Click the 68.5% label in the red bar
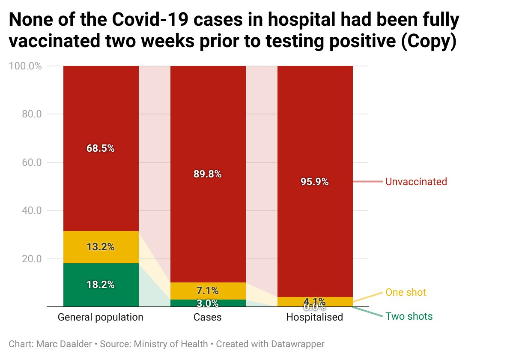101,149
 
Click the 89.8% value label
208,174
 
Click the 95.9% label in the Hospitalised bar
315,182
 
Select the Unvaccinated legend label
416,182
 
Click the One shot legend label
406,293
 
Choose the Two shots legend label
409,317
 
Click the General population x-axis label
101,318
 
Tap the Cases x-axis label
208,318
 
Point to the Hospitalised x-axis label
315,318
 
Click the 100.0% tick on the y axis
25,66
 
